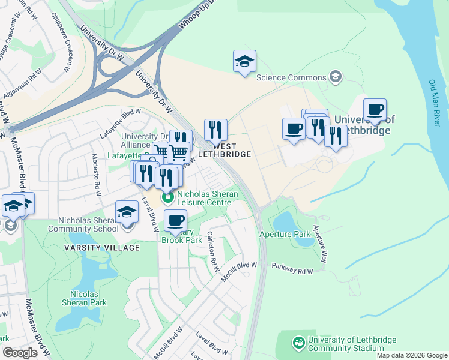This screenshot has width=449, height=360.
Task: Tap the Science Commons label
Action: [x=291, y=77]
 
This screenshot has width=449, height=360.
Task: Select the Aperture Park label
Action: [x=285, y=233]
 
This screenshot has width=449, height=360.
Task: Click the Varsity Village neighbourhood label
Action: [x=102, y=248]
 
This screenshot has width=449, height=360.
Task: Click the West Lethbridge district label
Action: [x=225, y=150]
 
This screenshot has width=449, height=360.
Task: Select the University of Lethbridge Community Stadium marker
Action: [x=298, y=343]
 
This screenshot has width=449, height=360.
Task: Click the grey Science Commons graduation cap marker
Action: [x=335, y=77]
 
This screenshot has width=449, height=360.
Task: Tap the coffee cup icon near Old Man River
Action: [x=375, y=110]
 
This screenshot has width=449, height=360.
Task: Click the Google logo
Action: [x=20, y=353]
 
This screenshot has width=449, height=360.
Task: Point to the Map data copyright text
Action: [x=412, y=355]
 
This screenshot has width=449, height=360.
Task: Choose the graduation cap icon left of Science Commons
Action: [x=244, y=61]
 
